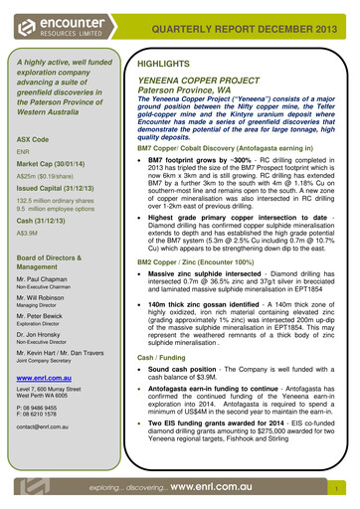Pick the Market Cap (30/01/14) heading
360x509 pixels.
(56, 163)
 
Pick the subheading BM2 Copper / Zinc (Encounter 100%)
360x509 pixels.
(203, 262)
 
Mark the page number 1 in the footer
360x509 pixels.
(339, 489)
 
